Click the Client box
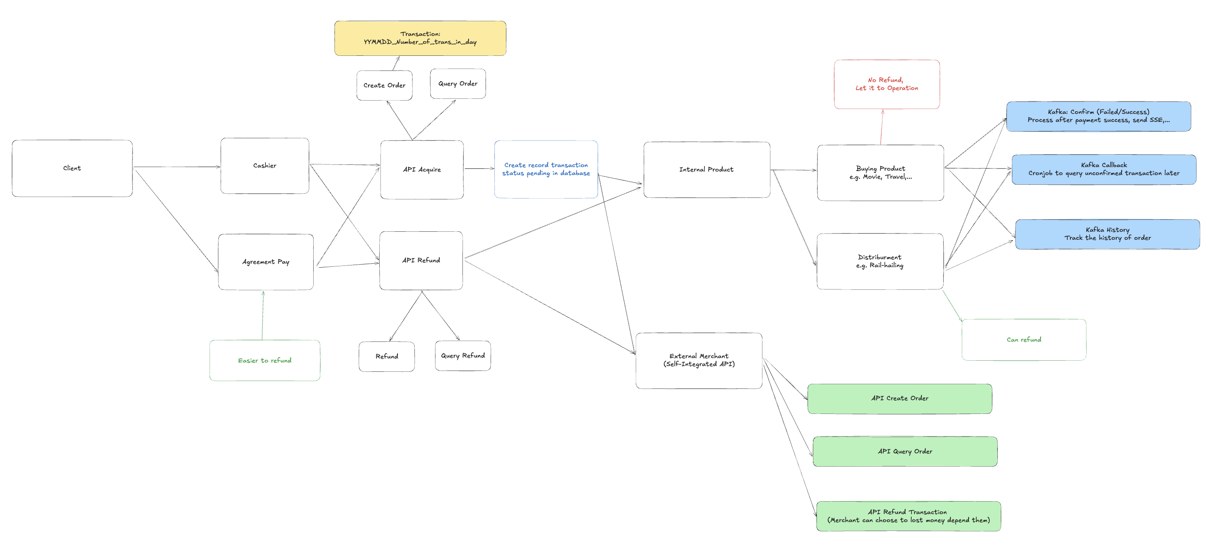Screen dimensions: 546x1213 (x=72, y=168)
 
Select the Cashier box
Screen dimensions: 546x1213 (x=264, y=166)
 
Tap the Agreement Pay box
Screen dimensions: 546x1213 (x=265, y=262)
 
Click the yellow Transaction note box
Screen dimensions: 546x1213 (x=420, y=38)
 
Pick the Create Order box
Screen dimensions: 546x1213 (x=384, y=85)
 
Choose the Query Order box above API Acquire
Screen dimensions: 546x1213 (x=458, y=84)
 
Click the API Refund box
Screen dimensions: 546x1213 (x=421, y=261)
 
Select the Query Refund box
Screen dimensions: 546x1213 (x=463, y=356)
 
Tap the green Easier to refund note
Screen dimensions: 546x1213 (x=264, y=360)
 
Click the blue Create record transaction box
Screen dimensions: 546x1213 (x=546, y=169)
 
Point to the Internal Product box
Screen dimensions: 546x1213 (x=706, y=170)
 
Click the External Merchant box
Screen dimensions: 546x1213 (x=699, y=360)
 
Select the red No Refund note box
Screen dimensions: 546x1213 (x=886, y=84)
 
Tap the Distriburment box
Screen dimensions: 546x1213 (x=879, y=261)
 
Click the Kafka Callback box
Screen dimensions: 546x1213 (x=1104, y=170)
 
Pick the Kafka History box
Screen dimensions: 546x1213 (x=1107, y=234)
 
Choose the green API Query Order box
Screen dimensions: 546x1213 (x=905, y=451)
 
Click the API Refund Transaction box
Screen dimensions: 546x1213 (x=908, y=516)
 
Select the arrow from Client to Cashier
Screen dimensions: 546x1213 (x=177, y=167)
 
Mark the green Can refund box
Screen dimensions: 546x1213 (x=1024, y=339)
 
